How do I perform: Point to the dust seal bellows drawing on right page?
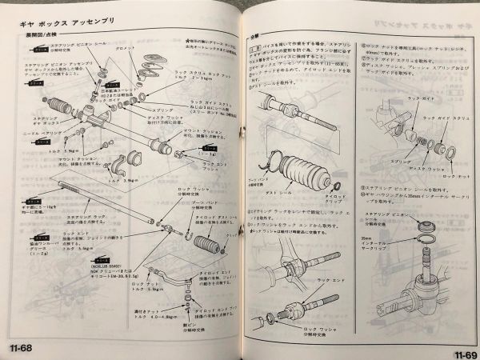coord(300,176)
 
